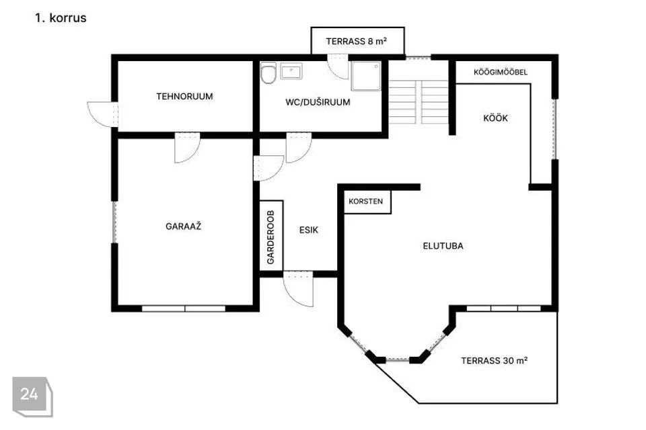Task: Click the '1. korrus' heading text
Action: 61,17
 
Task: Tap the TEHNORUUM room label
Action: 184,96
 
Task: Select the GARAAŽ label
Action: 183,226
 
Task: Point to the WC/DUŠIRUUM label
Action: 318,102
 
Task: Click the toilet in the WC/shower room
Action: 268,73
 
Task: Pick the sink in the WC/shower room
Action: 291,71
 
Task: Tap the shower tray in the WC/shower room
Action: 366,76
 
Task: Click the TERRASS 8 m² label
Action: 357,41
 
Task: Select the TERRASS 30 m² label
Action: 495,361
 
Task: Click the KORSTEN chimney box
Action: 366,202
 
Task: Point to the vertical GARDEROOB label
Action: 271,237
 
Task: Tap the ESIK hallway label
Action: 309,230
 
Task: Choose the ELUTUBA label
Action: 443,246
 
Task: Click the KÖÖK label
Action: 495,118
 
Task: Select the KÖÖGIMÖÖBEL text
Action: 501,72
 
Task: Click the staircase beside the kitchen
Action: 419,102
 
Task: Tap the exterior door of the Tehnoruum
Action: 102,114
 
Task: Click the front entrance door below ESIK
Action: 298,289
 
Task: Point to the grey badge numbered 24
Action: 32,396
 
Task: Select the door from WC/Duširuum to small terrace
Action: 338,67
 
